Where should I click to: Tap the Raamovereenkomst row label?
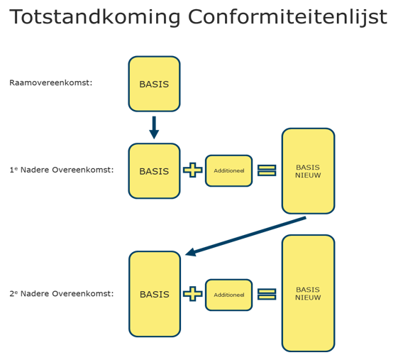[x=51, y=82]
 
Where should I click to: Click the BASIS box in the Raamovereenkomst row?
[x=154, y=84]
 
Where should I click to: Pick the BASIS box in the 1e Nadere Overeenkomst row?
[x=154, y=171]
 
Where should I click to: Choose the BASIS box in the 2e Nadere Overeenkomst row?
[x=154, y=294]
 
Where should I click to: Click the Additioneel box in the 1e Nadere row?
[x=228, y=171]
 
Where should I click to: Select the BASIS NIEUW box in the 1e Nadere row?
[x=308, y=171]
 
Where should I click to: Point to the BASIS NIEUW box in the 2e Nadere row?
[x=308, y=293]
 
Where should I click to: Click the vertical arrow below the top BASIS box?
[x=154, y=127]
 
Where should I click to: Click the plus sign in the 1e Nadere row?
[x=192, y=170]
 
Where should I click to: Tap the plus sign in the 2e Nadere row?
[x=192, y=293]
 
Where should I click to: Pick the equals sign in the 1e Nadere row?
[x=267, y=170]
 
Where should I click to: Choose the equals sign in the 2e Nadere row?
[x=267, y=293]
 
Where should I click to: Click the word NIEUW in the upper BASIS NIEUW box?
[x=308, y=175]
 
